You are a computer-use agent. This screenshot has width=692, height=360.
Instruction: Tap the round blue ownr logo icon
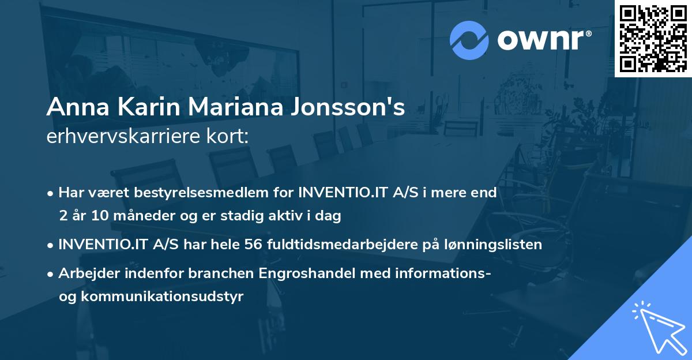469,40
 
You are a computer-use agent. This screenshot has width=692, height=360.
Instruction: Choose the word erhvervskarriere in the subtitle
123,136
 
